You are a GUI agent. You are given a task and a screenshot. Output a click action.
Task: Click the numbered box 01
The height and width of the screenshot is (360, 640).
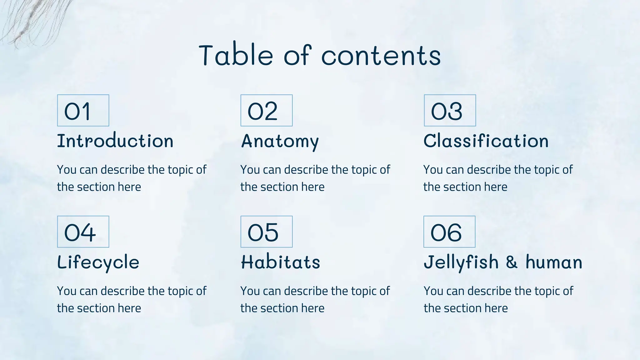point(83,110)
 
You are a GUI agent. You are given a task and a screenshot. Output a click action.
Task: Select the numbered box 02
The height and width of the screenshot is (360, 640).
point(267,110)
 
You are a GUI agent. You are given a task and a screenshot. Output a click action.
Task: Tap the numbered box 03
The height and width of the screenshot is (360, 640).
point(450,110)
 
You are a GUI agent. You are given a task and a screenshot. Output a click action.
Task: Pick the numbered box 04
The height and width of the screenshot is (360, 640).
point(83,232)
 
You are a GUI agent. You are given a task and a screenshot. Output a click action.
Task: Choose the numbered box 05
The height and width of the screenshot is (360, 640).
point(267,232)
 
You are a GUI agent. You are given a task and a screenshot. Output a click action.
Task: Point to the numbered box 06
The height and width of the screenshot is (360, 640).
point(449,232)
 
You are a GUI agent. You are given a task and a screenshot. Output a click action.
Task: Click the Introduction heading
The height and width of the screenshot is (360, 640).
point(115,141)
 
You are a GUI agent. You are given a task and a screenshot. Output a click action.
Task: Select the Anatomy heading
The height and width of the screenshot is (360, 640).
point(280,141)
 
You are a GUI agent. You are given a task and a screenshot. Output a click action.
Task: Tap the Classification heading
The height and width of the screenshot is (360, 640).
point(486,141)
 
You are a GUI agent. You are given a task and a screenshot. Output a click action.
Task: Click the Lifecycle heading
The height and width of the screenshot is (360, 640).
point(98,262)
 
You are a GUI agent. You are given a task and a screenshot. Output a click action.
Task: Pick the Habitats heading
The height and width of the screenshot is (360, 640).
point(280,262)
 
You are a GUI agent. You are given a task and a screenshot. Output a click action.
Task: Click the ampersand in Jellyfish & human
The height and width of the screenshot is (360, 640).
point(512,262)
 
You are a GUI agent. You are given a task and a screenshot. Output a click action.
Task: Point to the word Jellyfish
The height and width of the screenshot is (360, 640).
point(461,262)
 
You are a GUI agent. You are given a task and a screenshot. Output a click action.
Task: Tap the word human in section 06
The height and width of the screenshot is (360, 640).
point(554,262)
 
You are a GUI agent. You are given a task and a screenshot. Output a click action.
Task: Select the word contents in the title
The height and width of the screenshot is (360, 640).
point(381,56)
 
